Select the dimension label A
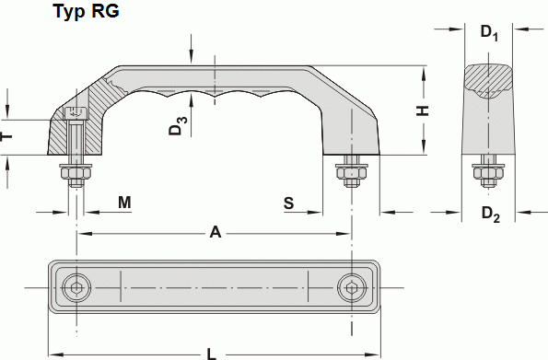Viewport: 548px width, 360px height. point(216,233)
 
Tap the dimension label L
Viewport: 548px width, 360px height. point(212,353)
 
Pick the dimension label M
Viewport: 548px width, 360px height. point(124,203)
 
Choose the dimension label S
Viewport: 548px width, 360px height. point(289,203)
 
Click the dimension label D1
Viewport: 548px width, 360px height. point(490,34)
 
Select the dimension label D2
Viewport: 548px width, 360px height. point(491,215)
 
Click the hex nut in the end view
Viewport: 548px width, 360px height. point(487,171)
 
